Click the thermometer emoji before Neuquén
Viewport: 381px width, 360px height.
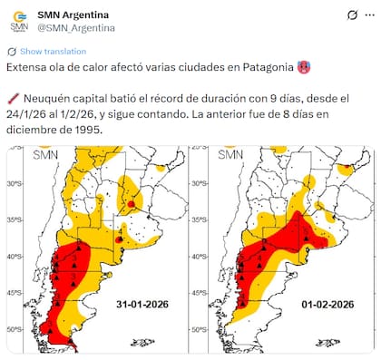click(12, 97)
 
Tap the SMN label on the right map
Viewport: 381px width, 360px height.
click(230, 155)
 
